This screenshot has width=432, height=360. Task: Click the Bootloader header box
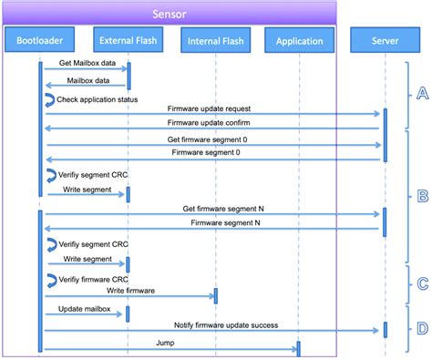click(x=38, y=40)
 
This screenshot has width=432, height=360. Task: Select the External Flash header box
click(x=128, y=40)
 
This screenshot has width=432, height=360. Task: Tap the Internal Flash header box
click(x=215, y=41)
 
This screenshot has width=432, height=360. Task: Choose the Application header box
click(x=298, y=41)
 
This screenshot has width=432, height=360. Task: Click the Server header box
click(x=384, y=41)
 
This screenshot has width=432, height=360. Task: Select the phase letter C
click(x=421, y=284)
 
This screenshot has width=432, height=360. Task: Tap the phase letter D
click(x=421, y=327)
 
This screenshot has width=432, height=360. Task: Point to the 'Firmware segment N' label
click(x=224, y=222)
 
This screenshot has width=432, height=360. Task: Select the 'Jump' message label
click(x=164, y=343)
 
